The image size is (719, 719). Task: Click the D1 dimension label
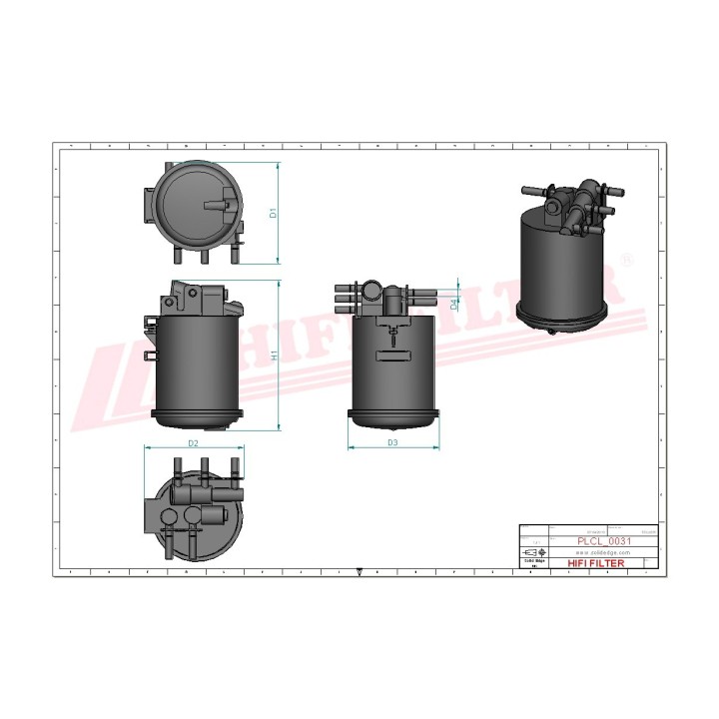click(273, 213)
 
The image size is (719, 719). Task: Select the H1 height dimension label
click(274, 356)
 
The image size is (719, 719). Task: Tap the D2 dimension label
click(194, 441)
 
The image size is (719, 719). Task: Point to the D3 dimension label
click(392, 441)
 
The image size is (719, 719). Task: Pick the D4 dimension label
click(455, 302)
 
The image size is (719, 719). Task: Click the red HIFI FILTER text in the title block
click(595, 564)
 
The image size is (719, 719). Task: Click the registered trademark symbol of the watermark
click(626, 260)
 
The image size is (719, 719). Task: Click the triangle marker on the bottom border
click(359, 572)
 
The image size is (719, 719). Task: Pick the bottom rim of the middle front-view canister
click(392, 413)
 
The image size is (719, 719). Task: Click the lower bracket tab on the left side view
click(150, 355)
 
